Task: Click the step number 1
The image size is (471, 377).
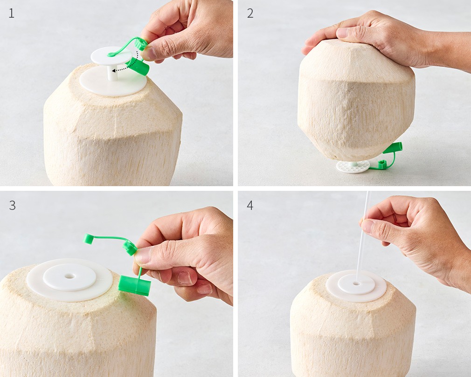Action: (x=11, y=13)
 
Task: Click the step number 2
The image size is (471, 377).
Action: (x=250, y=13)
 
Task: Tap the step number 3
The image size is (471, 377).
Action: (x=12, y=205)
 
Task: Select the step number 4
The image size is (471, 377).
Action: (x=250, y=205)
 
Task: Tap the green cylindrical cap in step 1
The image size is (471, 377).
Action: (x=138, y=66)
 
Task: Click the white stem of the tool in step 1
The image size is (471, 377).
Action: (x=112, y=73)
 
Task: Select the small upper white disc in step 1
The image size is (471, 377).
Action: (x=111, y=56)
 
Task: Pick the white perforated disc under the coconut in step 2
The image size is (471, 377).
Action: (x=353, y=166)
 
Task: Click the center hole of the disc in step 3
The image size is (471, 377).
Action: (x=69, y=276)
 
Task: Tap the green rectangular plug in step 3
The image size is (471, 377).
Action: (x=134, y=286)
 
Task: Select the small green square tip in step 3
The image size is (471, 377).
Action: (x=88, y=239)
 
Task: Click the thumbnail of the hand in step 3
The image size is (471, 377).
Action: (x=142, y=256)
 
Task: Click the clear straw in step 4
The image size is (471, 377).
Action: (x=362, y=237)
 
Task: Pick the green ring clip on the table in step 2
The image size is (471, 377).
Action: (x=382, y=164)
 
